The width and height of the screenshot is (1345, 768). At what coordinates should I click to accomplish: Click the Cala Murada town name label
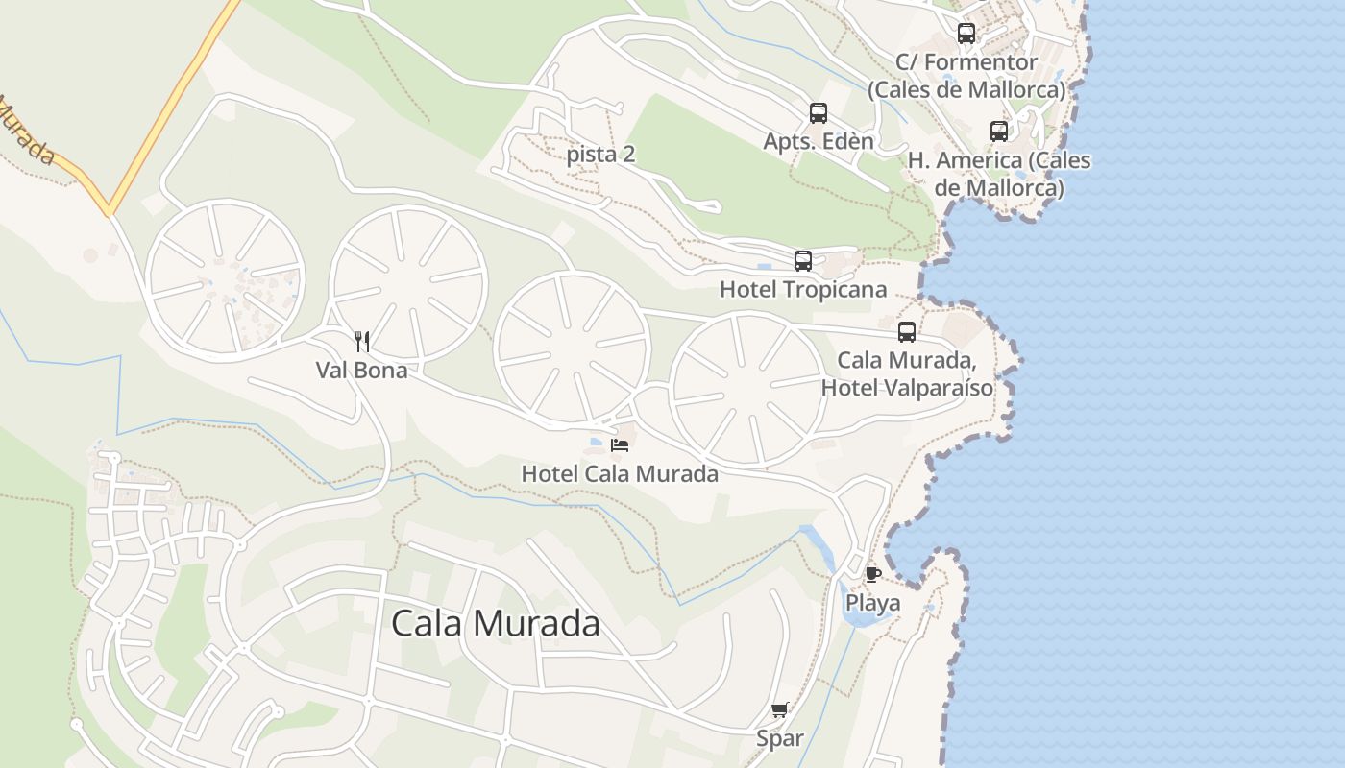coord(496,624)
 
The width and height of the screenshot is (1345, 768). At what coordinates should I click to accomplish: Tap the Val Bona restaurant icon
coord(362,341)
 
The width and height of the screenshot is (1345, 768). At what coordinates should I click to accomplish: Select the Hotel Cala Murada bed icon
coord(620,444)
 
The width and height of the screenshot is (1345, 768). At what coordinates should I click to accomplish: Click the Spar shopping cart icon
coord(779,710)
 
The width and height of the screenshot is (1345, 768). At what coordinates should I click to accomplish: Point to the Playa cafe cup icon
coord(872,574)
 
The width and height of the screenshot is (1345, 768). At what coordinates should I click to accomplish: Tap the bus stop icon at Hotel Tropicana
coord(803,260)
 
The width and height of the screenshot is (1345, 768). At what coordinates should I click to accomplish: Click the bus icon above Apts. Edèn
coord(819,113)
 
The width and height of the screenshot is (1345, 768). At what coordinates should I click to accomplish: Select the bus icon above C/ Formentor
coord(966,34)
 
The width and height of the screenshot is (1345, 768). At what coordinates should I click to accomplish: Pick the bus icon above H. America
coord(999,132)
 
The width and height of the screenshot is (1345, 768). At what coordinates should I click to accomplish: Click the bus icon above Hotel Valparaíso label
coord(907,332)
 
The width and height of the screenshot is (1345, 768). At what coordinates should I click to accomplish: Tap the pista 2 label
coord(600,155)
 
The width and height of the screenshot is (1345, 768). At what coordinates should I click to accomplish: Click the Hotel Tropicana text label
coord(803,289)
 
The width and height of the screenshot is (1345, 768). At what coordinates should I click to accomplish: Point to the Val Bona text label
coord(362,370)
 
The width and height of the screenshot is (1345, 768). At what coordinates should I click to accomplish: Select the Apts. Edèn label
coord(819,142)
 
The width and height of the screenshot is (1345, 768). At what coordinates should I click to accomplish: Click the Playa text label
coord(872,603)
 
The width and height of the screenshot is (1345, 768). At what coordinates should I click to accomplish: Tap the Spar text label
coord(779,739)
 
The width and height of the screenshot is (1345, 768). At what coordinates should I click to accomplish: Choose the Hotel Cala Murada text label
coord(620,473)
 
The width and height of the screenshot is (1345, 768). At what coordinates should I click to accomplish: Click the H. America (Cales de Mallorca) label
coord(999,174)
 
